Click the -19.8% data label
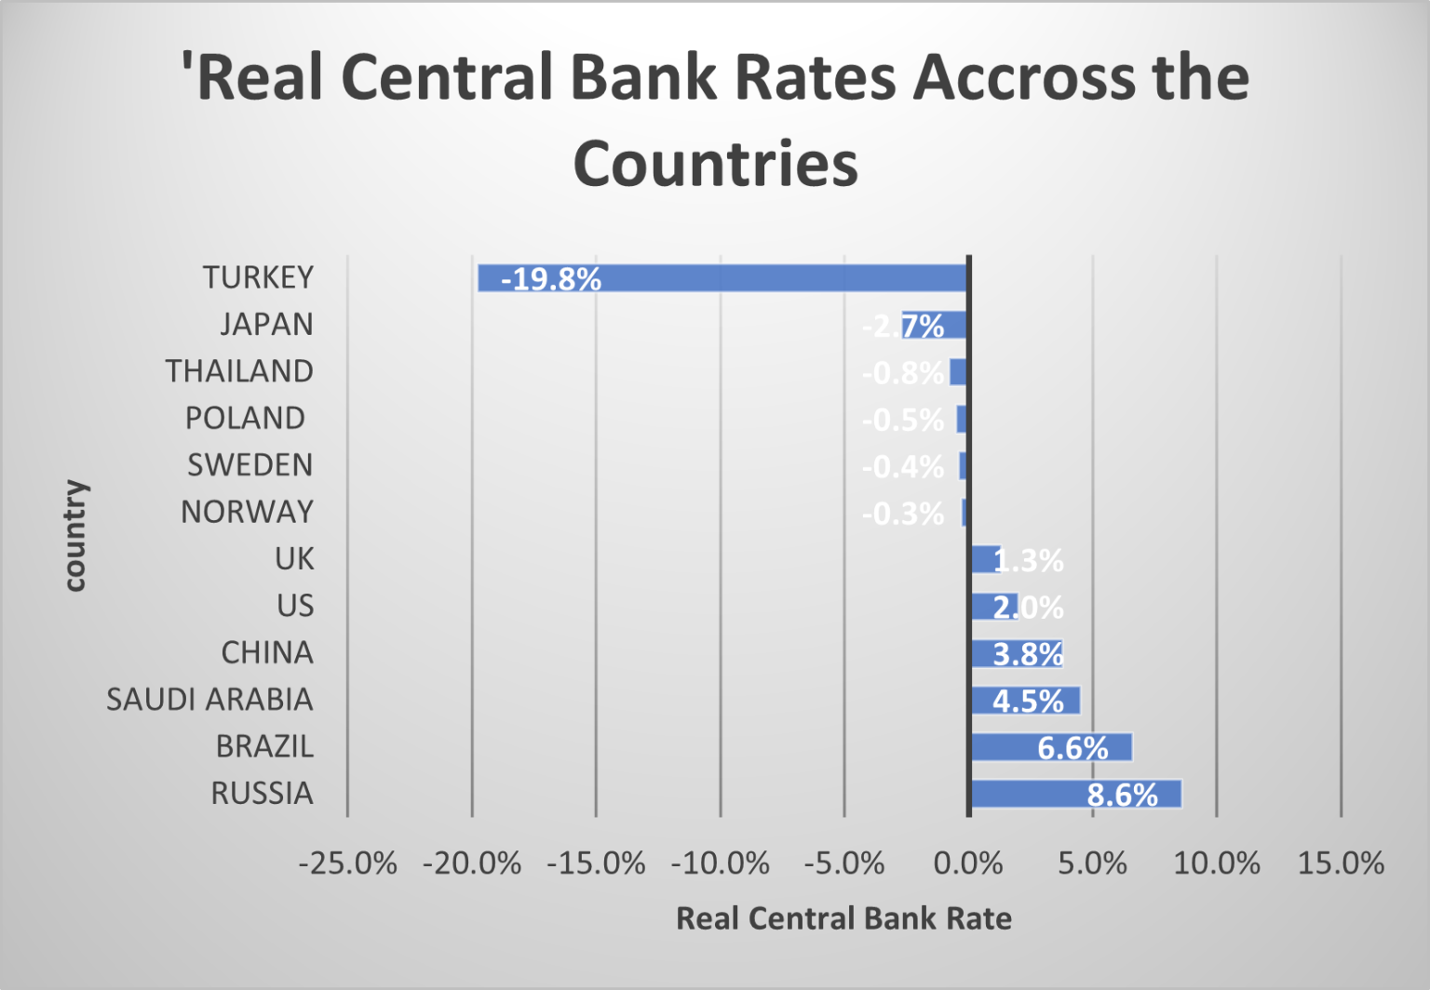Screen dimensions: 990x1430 pyautogui.click(x=551, y=279)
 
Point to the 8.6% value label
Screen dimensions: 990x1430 pyautogui.click(x=1122, y=796)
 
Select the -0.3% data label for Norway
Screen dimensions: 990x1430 pyautogui.click(x=902, y=514)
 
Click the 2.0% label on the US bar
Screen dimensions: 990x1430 pyautogui.click(x=1028, y=608)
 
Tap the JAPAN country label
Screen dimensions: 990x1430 pyautogui.click(x=266, y=325)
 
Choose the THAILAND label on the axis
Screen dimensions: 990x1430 pyautogui.click(x=239, y=371)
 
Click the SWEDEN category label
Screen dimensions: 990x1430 pyautogui.click(x=250, y=465)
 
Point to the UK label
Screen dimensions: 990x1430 pyautogui.click(x=294, y=559)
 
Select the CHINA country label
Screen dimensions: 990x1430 pyautogui.click(x=267, y=653)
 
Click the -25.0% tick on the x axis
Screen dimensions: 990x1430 pyautogui.click(x=347, y=863)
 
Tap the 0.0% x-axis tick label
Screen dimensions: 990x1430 pyautogui.click(x=968, y=863)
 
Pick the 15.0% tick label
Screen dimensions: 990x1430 pyautogui.click(x=1341, y=863)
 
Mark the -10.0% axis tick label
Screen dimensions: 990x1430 pyautogui.click(x=720, y=863)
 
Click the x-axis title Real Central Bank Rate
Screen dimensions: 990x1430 pyautogui.click(x=843, y=918)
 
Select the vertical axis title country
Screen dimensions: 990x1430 pyautogui.click(x=74, y=536)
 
